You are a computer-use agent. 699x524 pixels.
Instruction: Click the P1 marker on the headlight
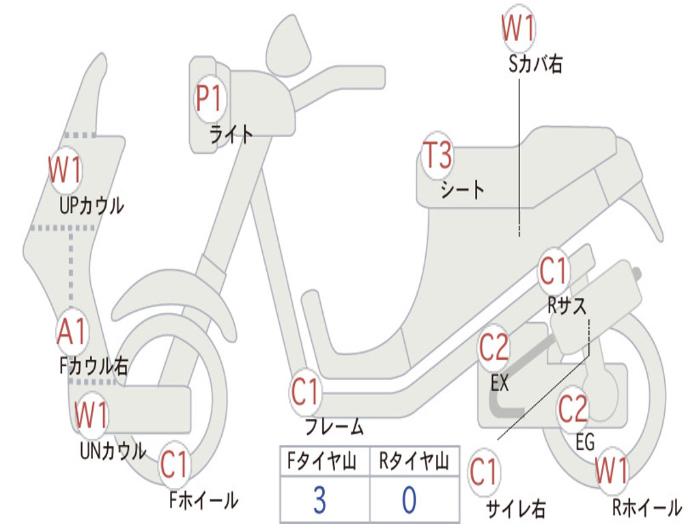(x=209, y=98)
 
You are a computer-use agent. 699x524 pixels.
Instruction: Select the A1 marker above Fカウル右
(x=71, y=332)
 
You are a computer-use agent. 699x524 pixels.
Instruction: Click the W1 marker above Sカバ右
(x=518, y=29)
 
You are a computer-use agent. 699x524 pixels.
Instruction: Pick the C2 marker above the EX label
(x=494, y=348)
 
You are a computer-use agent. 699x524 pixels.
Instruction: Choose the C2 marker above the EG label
(x=573, y=409)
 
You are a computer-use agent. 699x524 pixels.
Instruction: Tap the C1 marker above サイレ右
(x=483, y=472)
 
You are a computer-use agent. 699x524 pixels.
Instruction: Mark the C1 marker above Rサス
(x=553, y=272)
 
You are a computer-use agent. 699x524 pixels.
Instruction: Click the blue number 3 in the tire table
(x=319, y=500)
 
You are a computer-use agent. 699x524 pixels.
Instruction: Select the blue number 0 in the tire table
(x=410, y=500)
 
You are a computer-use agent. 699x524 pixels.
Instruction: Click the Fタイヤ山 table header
(x=322, y=461)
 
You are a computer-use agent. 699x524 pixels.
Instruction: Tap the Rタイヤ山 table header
(x=414, y=461)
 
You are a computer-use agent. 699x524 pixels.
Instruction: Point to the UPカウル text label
(x=92, y=206)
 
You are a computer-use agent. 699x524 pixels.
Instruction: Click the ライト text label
(x=231, y=134)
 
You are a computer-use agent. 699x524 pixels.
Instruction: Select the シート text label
(x=462, y=190)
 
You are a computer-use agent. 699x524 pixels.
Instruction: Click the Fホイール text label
(x=203, y=500)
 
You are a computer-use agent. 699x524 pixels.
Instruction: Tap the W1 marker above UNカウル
(x=91, y=415)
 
